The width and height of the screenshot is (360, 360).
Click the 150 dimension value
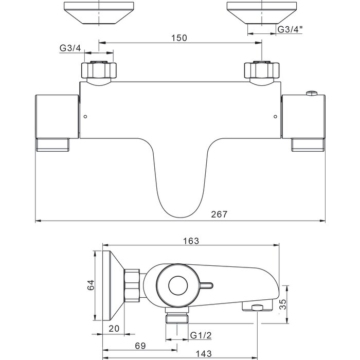[179, 38]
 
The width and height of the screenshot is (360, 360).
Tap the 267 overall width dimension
[219, 214]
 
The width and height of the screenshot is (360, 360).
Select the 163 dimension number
[191, 241]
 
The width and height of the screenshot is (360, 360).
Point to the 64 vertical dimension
[91, 285]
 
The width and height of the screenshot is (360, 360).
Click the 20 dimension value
[114, 329]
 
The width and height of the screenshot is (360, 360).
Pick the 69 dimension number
[140, 346]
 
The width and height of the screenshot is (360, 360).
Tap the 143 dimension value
[204, 354]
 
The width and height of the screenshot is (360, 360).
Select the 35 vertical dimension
[283, 304]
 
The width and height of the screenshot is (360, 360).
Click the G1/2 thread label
[201, 335]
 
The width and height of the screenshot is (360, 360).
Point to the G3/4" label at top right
[290, 29]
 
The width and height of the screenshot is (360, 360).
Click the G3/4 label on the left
[70, 48]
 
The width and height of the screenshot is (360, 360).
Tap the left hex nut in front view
[99, 70]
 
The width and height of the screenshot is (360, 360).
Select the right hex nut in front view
[262, 70]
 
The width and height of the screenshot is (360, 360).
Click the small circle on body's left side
[85, 117]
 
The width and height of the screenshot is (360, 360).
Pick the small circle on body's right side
[275, 117]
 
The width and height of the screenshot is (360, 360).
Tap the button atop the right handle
[312, 93]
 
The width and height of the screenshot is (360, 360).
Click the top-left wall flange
[99, 13]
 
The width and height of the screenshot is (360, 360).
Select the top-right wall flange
[262, 13]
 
